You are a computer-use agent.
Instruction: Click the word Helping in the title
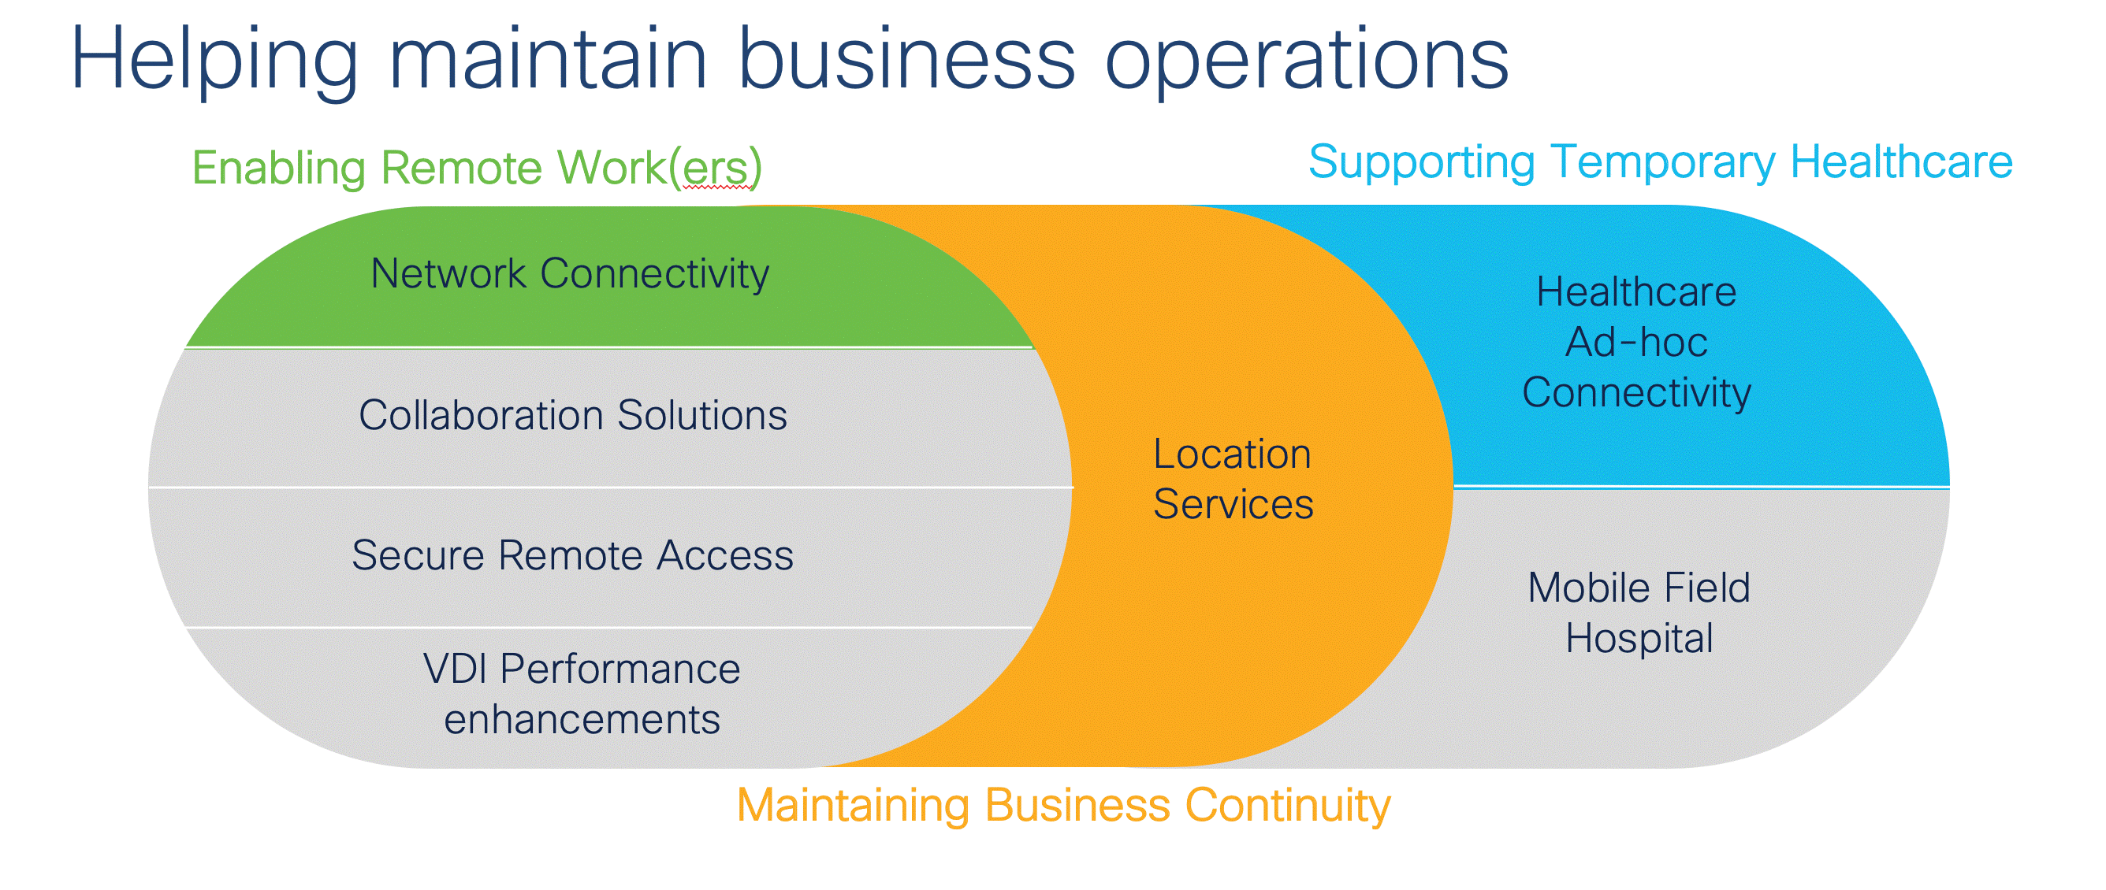pos(214,61)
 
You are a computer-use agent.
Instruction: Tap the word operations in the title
pos(1306,61)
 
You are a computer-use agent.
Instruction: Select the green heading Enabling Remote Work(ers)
pos(477,168)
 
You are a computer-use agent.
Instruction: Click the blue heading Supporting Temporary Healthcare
pos(1660,161)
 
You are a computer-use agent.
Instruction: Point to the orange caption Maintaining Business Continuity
pos(1062,805)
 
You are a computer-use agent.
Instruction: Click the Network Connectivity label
pos(570,274)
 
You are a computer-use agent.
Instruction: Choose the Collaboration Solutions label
pos(572,415)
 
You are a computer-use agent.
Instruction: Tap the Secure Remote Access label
pos(572,556)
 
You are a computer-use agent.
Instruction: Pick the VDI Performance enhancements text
pos(581,694)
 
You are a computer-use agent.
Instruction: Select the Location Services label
pos(1233,479)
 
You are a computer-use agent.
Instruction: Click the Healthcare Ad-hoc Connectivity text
pos(1636,343)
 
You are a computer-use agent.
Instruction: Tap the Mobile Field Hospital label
pos(1639,613)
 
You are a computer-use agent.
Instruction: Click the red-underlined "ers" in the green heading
pos(716,169)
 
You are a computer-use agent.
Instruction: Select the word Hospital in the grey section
pos(1639,638)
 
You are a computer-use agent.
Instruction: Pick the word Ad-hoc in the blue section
pos(1636,343)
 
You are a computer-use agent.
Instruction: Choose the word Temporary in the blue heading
pos(1662,161)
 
